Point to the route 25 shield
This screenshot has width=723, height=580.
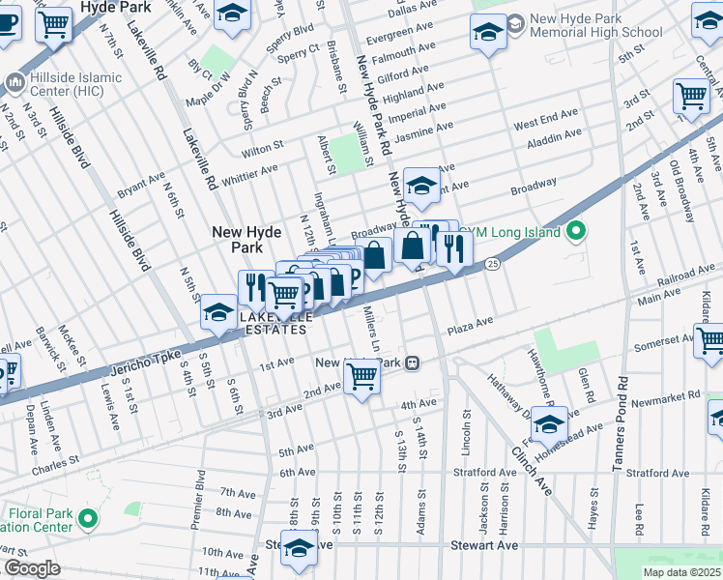coord(492,263)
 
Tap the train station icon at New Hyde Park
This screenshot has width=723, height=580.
coord(413,363)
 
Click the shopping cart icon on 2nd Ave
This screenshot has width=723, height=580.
coord(362,377)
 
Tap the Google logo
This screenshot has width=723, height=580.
coord(32,568)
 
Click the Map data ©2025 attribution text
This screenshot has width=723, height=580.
coord(680,572)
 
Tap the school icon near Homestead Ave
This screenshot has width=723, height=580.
coord(549,425)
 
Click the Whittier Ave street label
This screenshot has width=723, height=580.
coord(249,172)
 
